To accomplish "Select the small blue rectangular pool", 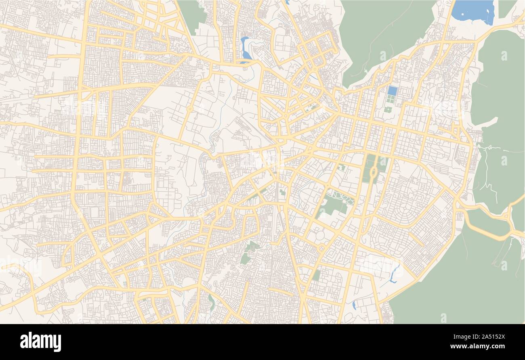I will [x=392, y=91].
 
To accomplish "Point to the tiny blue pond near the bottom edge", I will [x=354, y=305].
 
